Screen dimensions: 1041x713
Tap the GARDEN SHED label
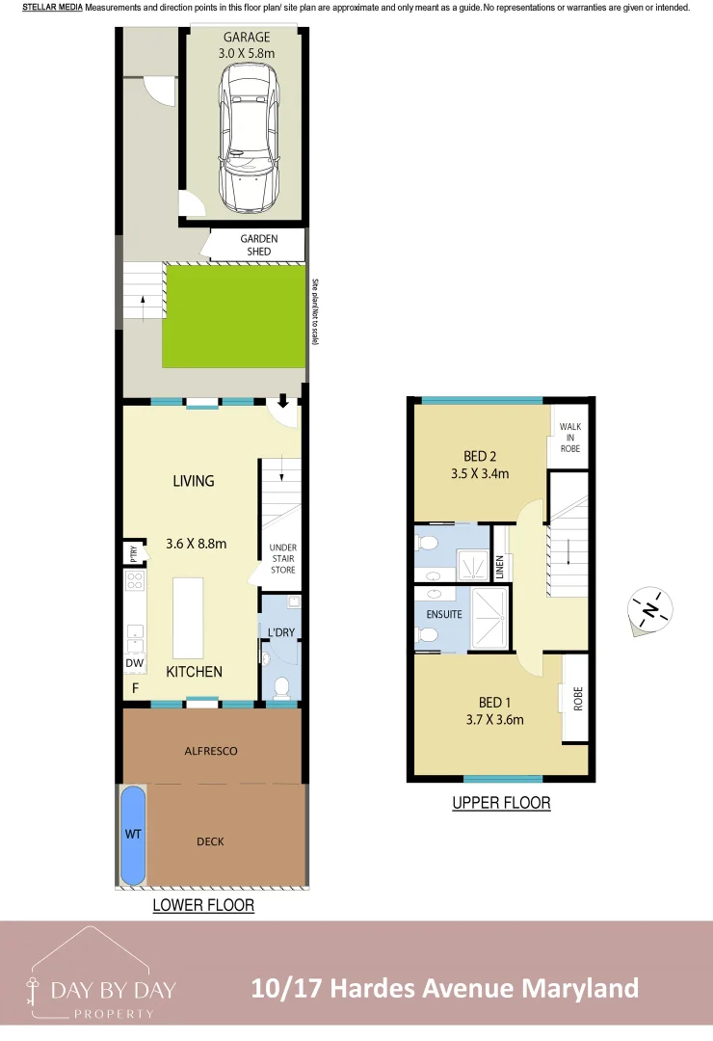(258, 245)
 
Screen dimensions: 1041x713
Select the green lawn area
(234, 316)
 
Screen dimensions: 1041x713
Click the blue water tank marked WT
(133, 836)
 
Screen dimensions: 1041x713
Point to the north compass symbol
(650, 610)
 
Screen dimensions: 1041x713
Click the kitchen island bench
(188, 617)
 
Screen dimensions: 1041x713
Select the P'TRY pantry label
(131, 553)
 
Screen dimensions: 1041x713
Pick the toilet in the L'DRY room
(282, 686)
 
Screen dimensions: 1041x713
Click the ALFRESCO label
(210, 750)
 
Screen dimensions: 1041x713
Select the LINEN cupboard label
(500, 567)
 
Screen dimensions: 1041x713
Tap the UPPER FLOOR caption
(501, 802)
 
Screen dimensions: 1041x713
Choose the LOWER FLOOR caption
(203, 905)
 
